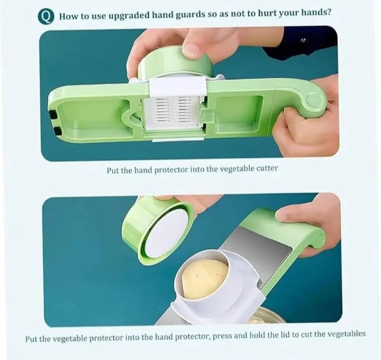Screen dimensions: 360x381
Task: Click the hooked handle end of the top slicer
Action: [x=312, y=100]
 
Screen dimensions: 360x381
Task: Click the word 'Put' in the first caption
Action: [x=113, y=169]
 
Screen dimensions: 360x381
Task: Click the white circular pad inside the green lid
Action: [x=166, y=233]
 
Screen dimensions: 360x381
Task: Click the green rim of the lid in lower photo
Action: [x=132, y=233]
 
